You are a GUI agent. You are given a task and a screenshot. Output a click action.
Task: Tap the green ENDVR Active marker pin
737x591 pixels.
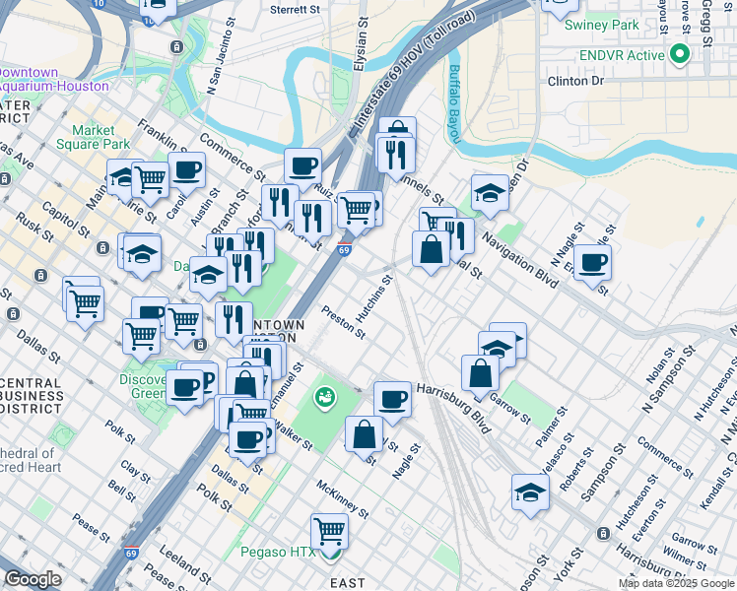coord(678,55)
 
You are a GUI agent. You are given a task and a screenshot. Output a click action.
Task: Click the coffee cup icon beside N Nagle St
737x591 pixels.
coord(592,263)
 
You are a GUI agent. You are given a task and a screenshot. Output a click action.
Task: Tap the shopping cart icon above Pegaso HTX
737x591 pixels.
coord(330,533)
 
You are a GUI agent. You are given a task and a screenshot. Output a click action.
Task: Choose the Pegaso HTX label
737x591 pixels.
coord(277,552)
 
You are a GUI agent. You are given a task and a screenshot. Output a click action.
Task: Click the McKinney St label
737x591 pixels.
coord(343,500)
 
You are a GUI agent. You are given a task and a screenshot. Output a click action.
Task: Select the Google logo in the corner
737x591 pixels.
coord(33,578)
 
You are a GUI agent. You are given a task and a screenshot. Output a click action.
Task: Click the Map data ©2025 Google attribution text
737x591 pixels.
coord(676,583)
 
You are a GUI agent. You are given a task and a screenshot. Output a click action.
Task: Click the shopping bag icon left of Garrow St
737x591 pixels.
coord(480,374)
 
